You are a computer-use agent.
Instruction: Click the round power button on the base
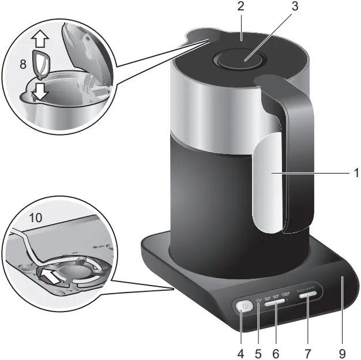[x=243, y=307]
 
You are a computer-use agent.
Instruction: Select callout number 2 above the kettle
[x=241, y=7]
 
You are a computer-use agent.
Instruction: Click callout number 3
[x=279, y=7]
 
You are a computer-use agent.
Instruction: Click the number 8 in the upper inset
[x=23, y=65]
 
